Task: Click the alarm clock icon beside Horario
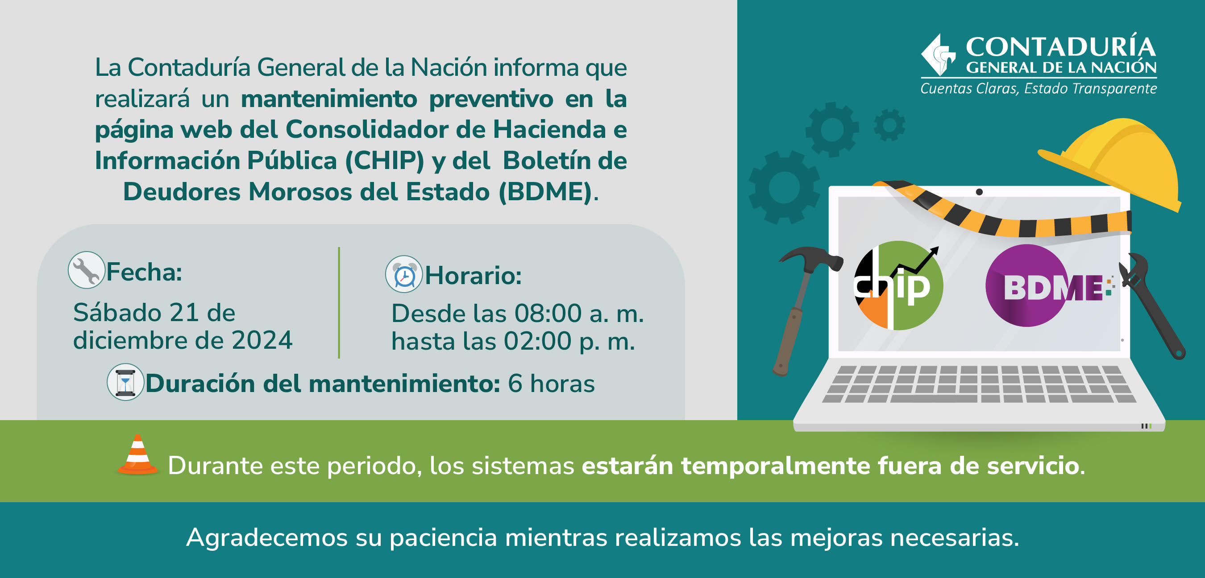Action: pos(404,274)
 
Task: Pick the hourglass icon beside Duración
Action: pos(125,382)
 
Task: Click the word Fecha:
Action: pos(144,272)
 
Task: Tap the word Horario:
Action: pos(473,275)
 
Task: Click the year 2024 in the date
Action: pos(262,340)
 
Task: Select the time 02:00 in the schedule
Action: pos(537,341)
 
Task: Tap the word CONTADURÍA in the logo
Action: pos(1061,47)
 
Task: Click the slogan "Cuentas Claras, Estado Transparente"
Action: pos(1039,88)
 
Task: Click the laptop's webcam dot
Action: pos(979,192)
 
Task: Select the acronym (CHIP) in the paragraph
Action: pos(385,161)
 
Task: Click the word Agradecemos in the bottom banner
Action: pos(266,538)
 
